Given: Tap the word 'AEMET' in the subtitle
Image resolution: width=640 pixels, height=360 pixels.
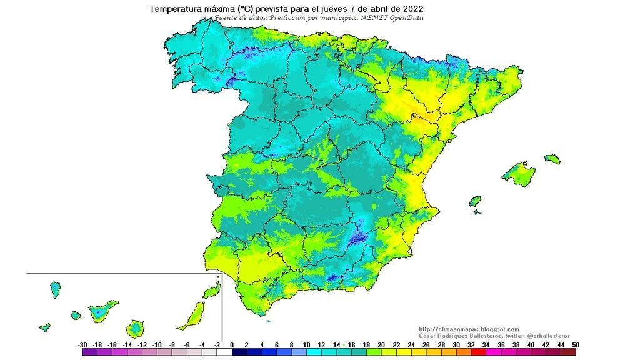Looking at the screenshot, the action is click(376, 18).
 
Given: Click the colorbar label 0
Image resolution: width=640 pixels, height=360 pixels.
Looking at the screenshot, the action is click(232, 344).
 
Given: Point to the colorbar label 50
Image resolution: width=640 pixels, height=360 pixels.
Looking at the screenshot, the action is click(575, 344).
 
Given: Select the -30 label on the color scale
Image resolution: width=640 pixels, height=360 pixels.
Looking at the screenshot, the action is click(82, 344).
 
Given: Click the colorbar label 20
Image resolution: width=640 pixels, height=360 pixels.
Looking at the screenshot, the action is click(381, 344).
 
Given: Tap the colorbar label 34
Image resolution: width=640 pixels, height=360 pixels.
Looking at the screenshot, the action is click(486, 344).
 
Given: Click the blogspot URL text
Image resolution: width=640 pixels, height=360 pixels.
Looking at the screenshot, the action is click(469, 329).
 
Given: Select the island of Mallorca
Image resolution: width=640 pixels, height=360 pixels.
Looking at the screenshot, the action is click(519, 174).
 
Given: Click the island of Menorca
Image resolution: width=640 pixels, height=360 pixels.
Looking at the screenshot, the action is click(552, 159).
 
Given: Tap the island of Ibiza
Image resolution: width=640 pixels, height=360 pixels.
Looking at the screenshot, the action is click(476, 201).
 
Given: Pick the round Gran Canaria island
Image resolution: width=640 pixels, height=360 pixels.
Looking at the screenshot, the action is click(134, 328).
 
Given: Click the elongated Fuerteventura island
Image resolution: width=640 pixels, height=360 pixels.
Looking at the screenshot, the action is click(192, 316).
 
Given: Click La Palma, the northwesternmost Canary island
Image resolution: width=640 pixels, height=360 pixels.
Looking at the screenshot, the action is click(55, 289).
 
